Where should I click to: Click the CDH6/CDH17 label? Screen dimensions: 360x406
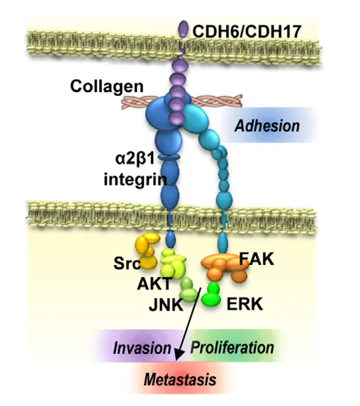point(246,31)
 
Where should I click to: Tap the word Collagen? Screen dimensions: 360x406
point(107,86)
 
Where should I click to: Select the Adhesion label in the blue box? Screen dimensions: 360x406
point(267,126)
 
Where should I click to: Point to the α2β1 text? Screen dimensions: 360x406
point(135,159)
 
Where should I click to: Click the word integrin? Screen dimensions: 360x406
point(135,179)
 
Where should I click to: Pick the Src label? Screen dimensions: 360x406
point(127,263)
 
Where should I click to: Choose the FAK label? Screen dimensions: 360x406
point(257,259)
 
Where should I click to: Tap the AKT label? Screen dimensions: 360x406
point(154,284)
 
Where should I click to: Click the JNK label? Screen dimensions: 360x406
point(166,304)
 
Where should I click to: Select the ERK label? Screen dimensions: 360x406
point(245,304)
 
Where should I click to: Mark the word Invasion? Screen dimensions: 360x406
point(142,348)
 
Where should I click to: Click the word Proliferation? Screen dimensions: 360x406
point(232,347)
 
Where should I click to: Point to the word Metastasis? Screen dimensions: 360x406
point(180,380)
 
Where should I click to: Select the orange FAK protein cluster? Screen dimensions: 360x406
point(225,268)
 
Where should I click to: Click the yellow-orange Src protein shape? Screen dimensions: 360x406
point(147,251)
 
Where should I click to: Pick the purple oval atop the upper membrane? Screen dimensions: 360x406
point(184,28)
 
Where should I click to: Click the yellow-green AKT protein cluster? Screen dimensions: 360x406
point(173,264)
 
